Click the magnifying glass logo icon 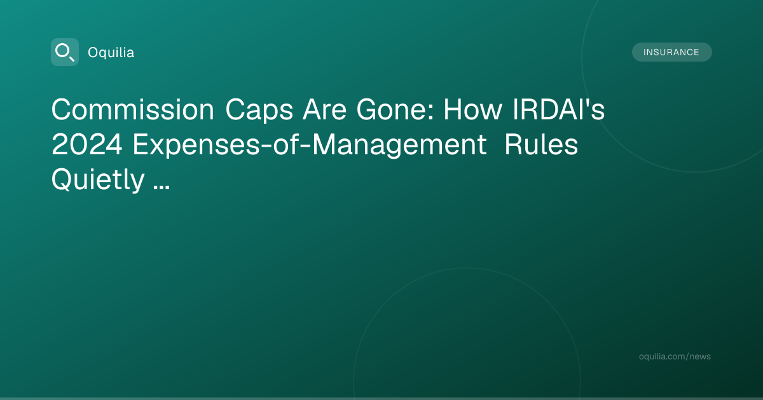point(65,52)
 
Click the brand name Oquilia point(111,53)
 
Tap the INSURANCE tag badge point(671,52)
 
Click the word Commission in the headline point(133,109)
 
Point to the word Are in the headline point(325,110)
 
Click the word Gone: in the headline point(395,109)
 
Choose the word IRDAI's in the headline point(559,109)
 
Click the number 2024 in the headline point(87,145)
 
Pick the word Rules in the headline point(541,145)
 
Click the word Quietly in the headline point(98,180)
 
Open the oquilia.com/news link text point(675,356)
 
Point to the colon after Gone point(431,112)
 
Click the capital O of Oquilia point(93,53)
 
